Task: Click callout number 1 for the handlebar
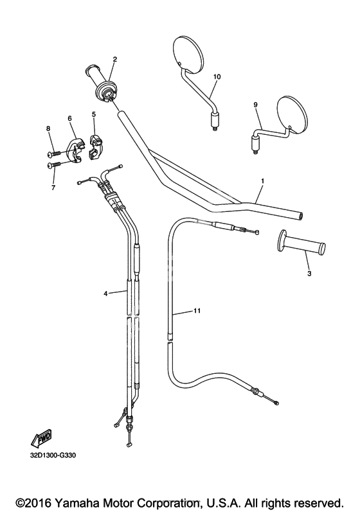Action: coord(263,181)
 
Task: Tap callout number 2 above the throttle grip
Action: coord(115,59)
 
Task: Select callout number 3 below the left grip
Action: coord(309,274)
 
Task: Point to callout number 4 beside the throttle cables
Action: coord(105,294)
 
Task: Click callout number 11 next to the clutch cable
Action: coord(197,311)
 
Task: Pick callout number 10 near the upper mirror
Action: coord(217,76)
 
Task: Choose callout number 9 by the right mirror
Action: coord(255,105)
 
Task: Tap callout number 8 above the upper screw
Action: coord(48,128)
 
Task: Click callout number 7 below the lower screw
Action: coord(53,188)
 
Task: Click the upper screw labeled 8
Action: coord(54,153)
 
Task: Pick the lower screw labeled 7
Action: coord(54,165)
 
